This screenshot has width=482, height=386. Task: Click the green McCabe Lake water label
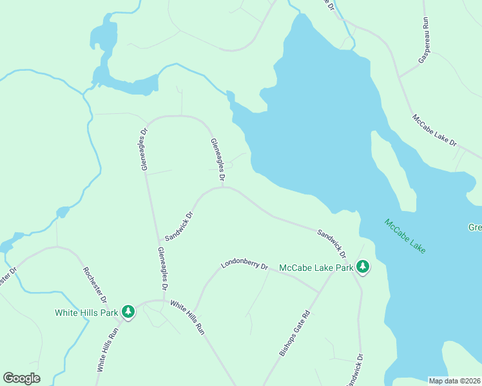pos(405,236)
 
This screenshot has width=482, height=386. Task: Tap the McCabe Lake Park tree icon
pos(363,266)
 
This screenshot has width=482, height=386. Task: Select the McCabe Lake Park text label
pos(316,268)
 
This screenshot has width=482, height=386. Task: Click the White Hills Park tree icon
pos(128,312)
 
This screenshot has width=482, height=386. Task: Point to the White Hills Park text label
pos(86,313)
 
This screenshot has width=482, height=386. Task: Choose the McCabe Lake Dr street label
pos(434,130)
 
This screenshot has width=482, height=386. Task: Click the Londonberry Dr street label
pos(244,264)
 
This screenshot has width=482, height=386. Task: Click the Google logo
pos(21,378)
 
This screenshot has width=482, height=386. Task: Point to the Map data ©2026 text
pos(454,381)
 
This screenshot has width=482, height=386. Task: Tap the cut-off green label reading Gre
pos(475,227)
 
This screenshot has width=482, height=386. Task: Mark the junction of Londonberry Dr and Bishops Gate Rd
pos(320,291)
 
